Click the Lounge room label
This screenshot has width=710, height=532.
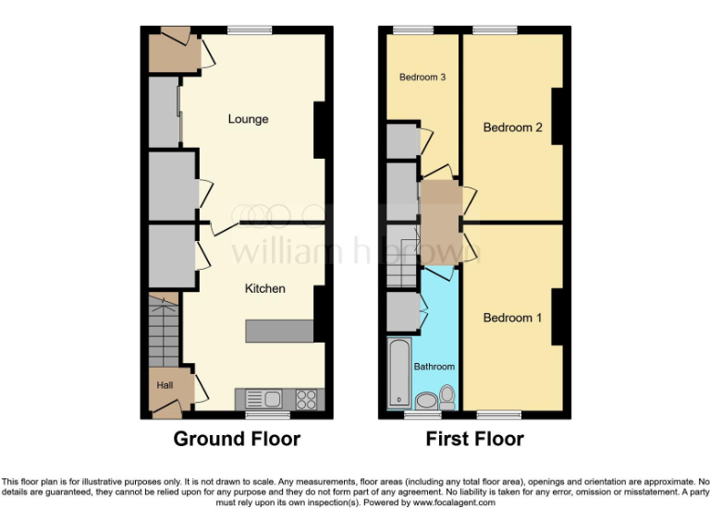tap(248, 119)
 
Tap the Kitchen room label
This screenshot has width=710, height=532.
tap(264, 289)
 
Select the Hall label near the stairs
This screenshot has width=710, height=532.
tap(164, 385)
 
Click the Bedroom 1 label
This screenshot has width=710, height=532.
tap(513, 318)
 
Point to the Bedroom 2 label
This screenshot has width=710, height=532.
tap(513, 127)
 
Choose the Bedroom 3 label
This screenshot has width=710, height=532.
tap(422, 78)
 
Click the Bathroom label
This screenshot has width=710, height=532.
tap(434, 367)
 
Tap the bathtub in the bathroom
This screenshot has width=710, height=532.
tap(399, 373)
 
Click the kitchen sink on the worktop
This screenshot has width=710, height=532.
tap(272, 399)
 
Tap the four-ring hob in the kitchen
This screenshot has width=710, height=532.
tap(307, 399)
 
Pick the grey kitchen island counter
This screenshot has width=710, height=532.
tap(279, 331)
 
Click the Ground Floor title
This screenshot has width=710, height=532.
tap(237, 439)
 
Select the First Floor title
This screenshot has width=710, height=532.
tap(474, 439)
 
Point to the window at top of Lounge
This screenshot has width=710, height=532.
tap(244, 30)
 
